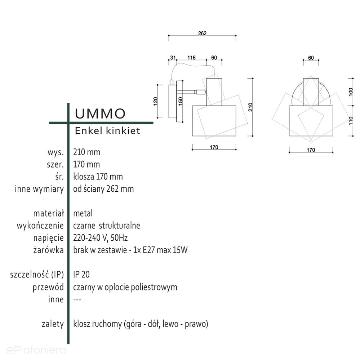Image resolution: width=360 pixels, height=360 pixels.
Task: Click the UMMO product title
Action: coord(100,113)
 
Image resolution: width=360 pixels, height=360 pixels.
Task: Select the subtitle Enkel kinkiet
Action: coord(107,131)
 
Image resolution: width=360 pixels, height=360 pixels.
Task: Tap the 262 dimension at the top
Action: coord(202,34)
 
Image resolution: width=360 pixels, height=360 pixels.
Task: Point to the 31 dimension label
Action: coord(173,58)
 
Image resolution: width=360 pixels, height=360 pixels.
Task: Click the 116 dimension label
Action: coord(191,58)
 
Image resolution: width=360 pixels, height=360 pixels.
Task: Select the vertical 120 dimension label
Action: coord(156,101)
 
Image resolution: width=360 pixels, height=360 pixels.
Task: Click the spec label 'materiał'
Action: coord(48,213)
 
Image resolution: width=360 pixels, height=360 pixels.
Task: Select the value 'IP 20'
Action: coord(81,275)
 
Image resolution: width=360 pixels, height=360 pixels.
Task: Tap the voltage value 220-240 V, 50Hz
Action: coord(101,238)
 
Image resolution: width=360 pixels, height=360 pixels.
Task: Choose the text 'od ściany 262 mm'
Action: coord(103,189)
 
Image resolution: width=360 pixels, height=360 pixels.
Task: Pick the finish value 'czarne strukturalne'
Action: coord(107,226)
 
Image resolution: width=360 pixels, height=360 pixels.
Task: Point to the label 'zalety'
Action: coord(53,324)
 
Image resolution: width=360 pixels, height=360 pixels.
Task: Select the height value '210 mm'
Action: coord(87,152)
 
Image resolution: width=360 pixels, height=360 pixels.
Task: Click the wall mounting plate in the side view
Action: coord(172,101)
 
